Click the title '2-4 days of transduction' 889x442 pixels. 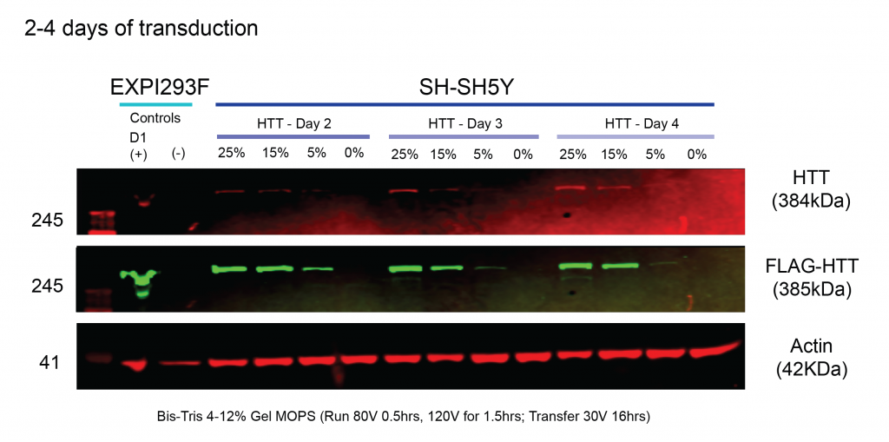[x=142, y=29]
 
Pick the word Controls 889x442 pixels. [x=155, y=119]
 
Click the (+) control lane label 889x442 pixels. [x=138, y=155]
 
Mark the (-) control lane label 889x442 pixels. [x=178, y=155]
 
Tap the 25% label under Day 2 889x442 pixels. [x=231, y=153]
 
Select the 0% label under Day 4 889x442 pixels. [x=697, y=154]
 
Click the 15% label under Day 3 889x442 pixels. [x=443, y=154]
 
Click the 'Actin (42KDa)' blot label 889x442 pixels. [x=812, y=359]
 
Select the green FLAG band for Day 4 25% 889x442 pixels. [x=576, y=266]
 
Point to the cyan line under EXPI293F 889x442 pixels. [x=156, y=105]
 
